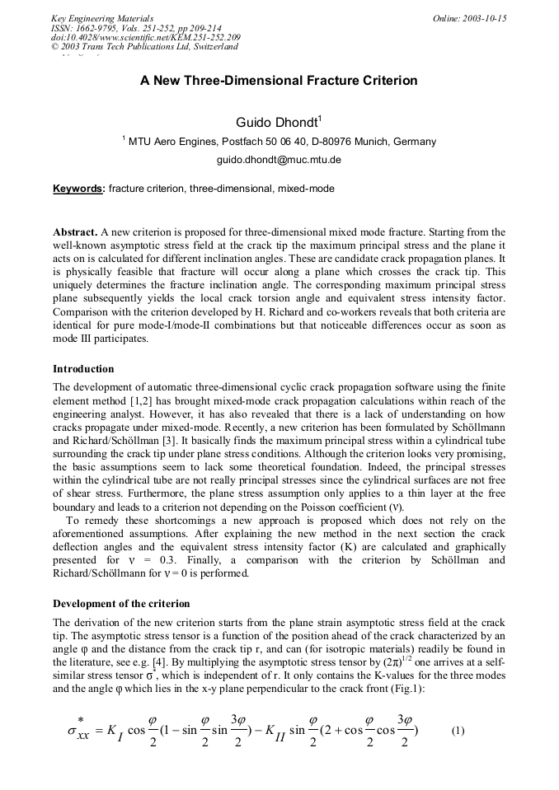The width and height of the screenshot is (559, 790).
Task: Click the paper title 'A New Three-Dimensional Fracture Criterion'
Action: click(279, 81)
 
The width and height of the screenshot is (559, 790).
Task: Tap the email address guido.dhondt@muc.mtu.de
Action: click(279, 160)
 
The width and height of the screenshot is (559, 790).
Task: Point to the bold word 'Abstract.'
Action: click(76, 232)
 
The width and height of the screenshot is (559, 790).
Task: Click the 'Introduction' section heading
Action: click(83, 368)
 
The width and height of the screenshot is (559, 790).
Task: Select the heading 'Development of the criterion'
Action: click(121, 604)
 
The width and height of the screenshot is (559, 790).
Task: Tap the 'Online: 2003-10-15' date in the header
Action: click(469, 18)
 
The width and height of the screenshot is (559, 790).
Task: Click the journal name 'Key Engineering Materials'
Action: click(102, 18)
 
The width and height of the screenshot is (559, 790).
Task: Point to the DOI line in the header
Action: click(146, 37)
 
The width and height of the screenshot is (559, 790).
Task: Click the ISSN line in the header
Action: click(136, 28)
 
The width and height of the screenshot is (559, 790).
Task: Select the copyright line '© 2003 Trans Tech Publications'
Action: click(144, 47)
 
